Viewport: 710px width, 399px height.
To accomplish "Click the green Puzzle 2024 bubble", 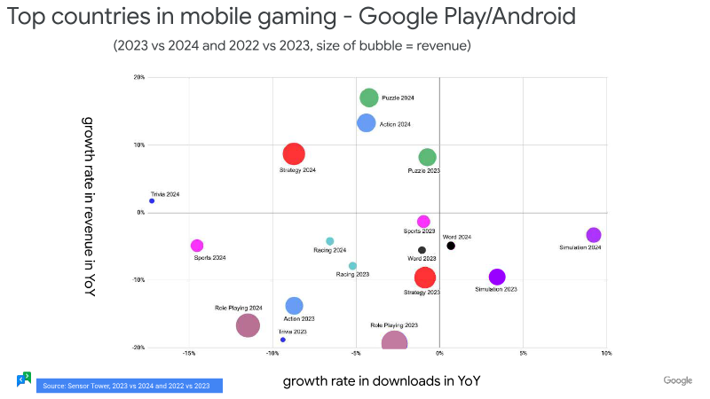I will coord(369,98).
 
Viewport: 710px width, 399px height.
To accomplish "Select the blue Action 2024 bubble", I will coord(367,123).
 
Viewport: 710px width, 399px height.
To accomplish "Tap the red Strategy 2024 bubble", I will coord(294,154).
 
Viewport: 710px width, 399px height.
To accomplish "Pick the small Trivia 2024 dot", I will coord(152,201).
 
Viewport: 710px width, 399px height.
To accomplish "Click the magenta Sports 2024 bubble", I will coord(197,246).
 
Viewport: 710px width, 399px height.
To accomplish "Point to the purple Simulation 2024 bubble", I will coord(594,235).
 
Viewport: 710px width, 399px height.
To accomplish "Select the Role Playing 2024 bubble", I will coord(248,325).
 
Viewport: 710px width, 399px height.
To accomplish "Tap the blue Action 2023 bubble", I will coord(294,306).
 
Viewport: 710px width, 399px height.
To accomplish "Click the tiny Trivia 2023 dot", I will coord(282,340).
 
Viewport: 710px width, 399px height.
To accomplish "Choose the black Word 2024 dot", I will coord(451,246).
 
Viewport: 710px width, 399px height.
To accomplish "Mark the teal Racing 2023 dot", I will coord(352,266).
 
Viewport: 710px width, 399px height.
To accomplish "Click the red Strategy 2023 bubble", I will coord(425,278).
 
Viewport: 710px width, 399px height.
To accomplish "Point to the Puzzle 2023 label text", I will coord(423,170).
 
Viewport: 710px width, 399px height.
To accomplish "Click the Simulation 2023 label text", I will coord(495,289).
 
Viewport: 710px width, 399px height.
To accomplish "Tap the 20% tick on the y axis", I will coord(139,77).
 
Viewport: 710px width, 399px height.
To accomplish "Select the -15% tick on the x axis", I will coord(188,353).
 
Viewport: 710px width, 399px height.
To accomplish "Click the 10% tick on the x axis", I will coord(606,353).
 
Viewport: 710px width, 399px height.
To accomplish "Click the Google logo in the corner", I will coord(677,380).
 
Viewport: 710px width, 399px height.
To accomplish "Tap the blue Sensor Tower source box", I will coord(129,386).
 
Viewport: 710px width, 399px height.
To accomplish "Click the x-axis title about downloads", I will coord(382,381).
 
